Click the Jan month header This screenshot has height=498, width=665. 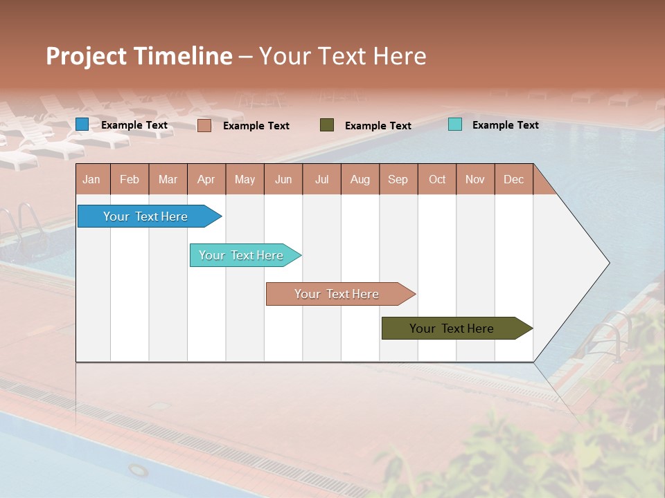[x=91, y=179]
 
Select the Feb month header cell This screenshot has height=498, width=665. [x=130, y=179]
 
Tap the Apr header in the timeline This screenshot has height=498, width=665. [x=206, y=179]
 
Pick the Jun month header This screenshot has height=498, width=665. [x=283, y=179]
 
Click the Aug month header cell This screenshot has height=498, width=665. [x=360, y=179]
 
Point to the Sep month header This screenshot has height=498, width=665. [x=398, y=179]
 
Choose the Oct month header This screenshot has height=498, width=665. [x=437, y=179]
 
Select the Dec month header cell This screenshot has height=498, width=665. [x=514, y=179]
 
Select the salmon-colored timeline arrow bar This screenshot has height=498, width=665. [x=338, y=294]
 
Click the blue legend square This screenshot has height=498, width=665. [x=82, y=124]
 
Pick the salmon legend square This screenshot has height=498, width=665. [x=204, y=125]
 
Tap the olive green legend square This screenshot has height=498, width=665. [x=327, y=125]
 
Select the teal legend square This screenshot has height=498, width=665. [x=455, y=124]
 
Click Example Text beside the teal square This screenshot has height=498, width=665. [x=506, y=124]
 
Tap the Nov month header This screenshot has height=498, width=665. [x=475, y=179]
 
